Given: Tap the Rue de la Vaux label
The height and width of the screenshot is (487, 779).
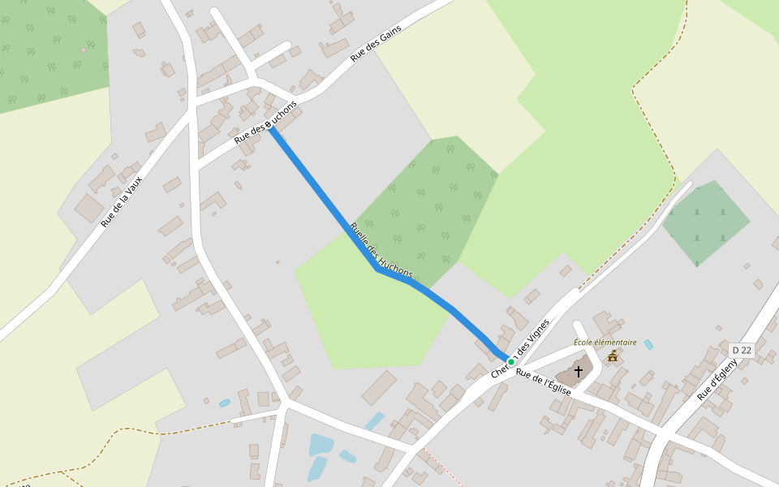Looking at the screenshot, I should coord(122,201).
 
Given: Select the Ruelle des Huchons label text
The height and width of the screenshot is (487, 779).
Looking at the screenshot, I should coord(381,250).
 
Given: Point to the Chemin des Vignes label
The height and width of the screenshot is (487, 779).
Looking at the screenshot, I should coord(520,348).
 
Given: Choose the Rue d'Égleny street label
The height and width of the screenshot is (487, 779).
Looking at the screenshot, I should coord(717,379).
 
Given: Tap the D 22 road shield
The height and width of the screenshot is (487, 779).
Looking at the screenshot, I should coord(742,350).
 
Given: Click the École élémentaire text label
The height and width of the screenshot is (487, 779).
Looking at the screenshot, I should coord(605,343).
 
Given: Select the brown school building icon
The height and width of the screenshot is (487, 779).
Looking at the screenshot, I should coord(613,356).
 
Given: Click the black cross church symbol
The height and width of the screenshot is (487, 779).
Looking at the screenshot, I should coord(579,372).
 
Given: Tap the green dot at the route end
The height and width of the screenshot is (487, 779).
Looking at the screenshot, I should coord(510,362).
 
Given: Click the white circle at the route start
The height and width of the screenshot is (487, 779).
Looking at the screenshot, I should coord(269,124).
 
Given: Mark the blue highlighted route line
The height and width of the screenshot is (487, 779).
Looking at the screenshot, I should coord(325,199).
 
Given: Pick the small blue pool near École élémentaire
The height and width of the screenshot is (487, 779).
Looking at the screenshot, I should coord(648,344).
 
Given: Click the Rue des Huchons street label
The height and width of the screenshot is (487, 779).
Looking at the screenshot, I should coord(265,123).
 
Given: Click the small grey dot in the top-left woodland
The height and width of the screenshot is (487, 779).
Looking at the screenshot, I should coord(84,50).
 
